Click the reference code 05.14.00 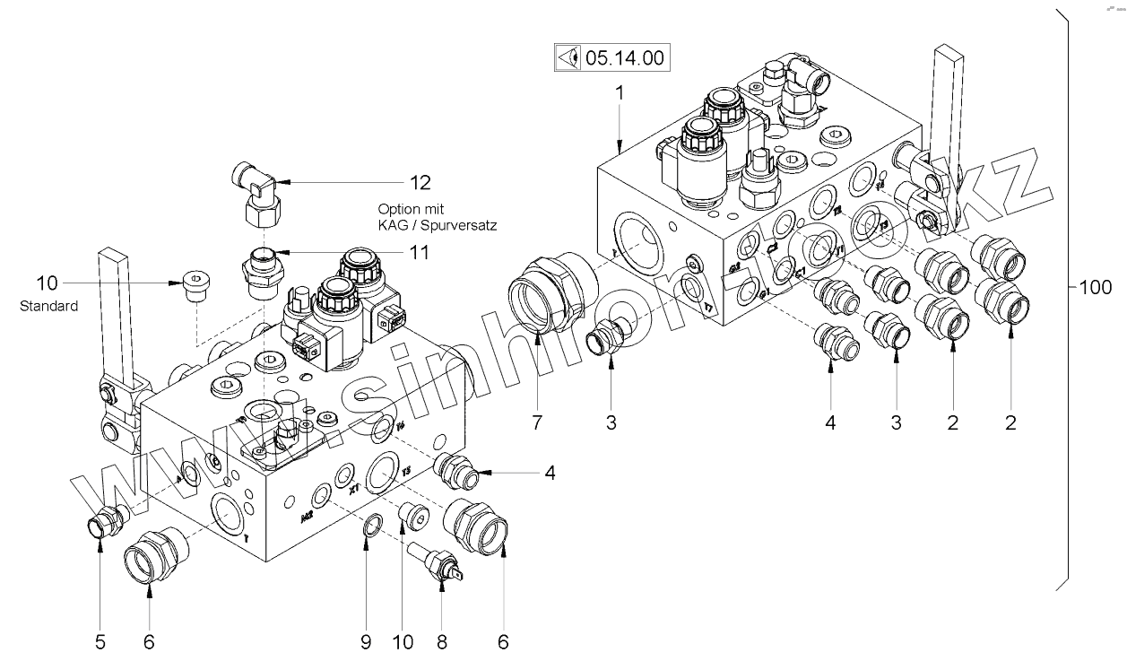pyautogui.click(x=624, y=59)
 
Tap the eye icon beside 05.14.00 pyautogui.click(x=567, y=59)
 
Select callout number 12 pyautogui.click(x=420, y=182)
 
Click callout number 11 pyautogui.click(x=418, y=253)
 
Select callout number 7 pyautogui.click(x=536, y=422)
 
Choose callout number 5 pyautogui.click(x=100, y=641)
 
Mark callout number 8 pyautogui.click(x=442, y=641)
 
